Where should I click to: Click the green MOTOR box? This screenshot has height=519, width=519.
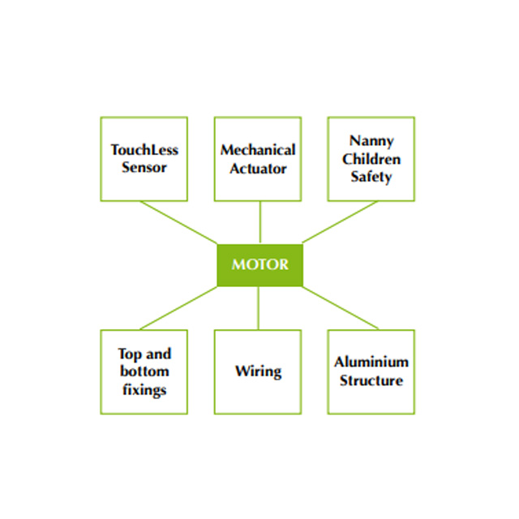click(x=259, y=264)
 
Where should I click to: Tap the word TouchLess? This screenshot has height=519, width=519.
click(x=144, y=150)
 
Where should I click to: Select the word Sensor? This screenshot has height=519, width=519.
click(x=144, y=168)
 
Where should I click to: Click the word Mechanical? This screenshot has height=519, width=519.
click(x=258, y=150)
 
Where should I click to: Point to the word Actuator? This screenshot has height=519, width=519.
click(x=258, y=168)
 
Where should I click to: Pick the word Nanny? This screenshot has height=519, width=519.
click(x=371, y=140)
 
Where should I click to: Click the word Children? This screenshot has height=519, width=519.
click(x=371, y=158)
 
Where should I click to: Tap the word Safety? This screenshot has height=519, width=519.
click(x=371, y=176)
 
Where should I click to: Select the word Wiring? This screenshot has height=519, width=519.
click(x=258, y=371)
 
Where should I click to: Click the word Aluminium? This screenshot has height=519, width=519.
click(x=371, y=362)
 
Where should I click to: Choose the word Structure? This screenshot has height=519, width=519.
click(x=371, y=380)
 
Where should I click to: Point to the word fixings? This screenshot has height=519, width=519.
click(x=144, y=389)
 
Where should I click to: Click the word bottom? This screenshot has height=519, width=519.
click(x=144, y=371)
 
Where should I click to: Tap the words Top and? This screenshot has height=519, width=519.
click(x=144, y=354)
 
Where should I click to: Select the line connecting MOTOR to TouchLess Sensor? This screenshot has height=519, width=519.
click(x=178, y=221)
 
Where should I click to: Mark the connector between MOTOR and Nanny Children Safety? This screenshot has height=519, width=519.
click(x=341, y=221)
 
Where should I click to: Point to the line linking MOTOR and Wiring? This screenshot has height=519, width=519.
click(x=259, y=308)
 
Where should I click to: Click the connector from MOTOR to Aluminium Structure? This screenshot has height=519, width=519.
click(x=341, y=308)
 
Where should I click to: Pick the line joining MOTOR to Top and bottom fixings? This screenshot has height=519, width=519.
click(x=178, y=308)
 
